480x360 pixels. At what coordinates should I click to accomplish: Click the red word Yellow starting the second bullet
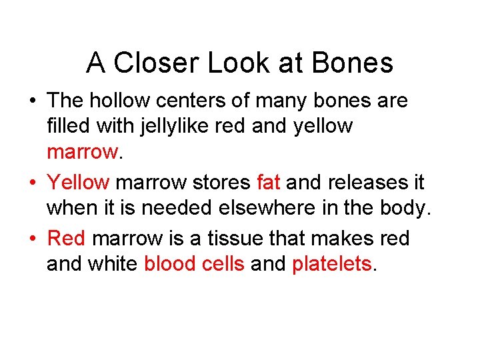(79, 181)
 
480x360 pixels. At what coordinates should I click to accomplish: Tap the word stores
(221, 181)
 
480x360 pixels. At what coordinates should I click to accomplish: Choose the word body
(406, 209)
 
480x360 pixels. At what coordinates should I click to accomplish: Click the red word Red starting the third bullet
(67, 237)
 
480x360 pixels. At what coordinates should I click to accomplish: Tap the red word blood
(169, 265)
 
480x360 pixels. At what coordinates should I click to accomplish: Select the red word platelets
(331, 265)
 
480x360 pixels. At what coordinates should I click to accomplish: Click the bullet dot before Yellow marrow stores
(32, 182)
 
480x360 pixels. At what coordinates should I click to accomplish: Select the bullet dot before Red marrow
(32, 238)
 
